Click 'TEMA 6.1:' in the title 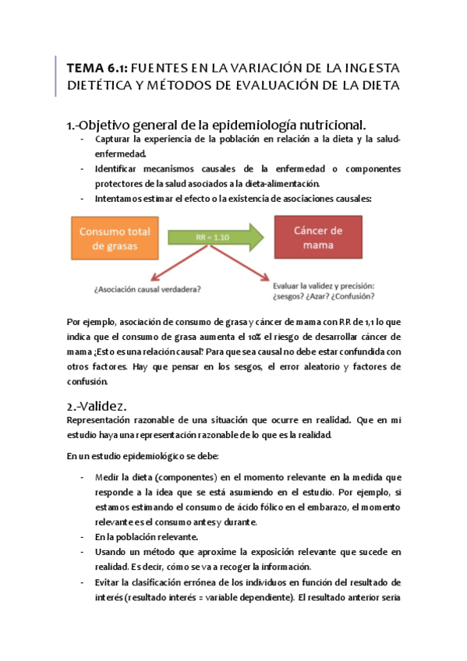tap(97, 68)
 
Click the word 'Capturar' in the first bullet tap(115, 140)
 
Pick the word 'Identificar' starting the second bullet tap(119, 169)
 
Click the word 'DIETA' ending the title tap(378, 86)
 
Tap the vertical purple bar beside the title tap(57, 76)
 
